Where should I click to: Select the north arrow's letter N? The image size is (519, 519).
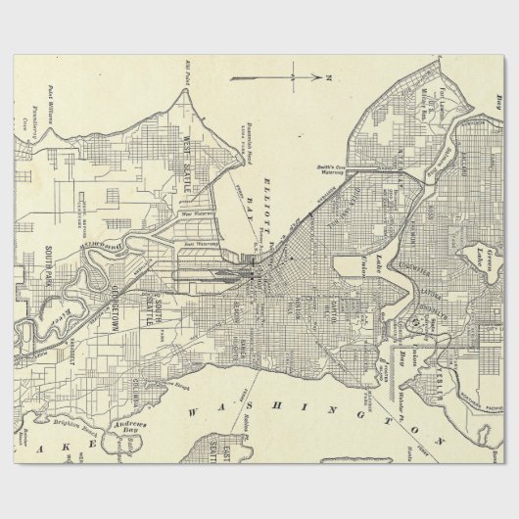point(330,75)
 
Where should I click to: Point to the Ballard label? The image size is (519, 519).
point(461,171)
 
